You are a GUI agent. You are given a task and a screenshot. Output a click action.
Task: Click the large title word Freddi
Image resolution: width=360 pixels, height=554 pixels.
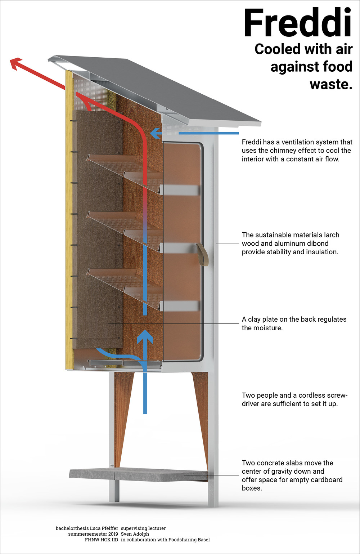coord(297,24)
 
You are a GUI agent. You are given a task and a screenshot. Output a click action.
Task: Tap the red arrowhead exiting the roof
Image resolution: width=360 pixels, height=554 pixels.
coord(16,63)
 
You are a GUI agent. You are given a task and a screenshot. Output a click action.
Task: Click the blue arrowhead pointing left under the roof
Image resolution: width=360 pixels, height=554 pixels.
coord(155,133)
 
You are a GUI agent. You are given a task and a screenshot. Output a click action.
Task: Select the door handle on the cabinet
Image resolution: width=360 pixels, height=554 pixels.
coord(203,254)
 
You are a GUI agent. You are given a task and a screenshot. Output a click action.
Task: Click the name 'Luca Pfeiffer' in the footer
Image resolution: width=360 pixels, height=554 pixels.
coord(104,528)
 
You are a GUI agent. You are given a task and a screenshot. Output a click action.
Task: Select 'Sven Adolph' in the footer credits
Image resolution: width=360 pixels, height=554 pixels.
coord(135,534)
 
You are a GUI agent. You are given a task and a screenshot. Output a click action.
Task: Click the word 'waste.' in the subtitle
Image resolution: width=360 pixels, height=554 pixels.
coord(330,84)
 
